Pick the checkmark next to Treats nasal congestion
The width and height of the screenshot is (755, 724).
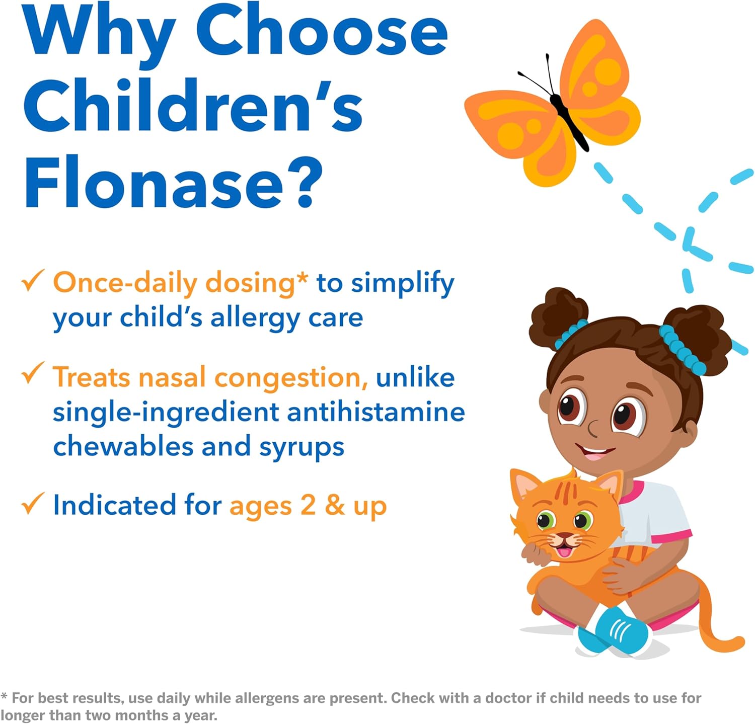click(x=33, y=375)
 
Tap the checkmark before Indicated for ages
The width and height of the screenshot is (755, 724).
click(x=33, y=504)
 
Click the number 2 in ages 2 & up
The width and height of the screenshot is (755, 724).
click(x=308, y=505)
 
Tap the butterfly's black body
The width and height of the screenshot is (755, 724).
click(x=569, y=118)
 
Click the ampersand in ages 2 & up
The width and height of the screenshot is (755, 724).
click(x=334, y=505)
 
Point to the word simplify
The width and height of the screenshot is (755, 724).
click(x=402, y=284)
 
